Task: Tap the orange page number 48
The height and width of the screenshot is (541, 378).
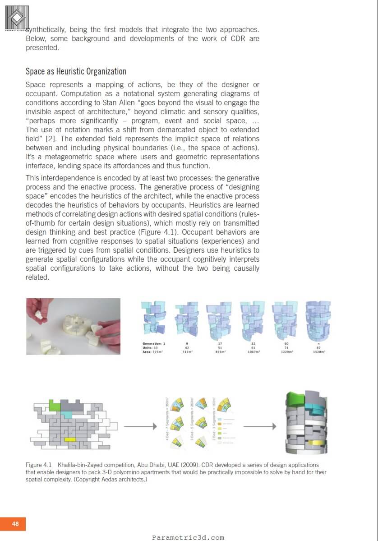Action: pos(15,524)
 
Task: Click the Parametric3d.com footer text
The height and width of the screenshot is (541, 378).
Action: pos(188,537)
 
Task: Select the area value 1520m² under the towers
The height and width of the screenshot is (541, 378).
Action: pos(318,351)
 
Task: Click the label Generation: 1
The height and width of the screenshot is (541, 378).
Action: pos(154,344)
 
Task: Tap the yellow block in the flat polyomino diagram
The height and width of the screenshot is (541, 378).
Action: pos(70,439)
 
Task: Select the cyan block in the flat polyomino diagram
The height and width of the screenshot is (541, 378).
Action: pos(66,414)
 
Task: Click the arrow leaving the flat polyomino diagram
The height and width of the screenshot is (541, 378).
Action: pos(140,426)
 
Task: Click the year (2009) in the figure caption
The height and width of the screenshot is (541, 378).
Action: pos(190,465)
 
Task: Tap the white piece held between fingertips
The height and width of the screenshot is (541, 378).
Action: pos(39,316)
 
